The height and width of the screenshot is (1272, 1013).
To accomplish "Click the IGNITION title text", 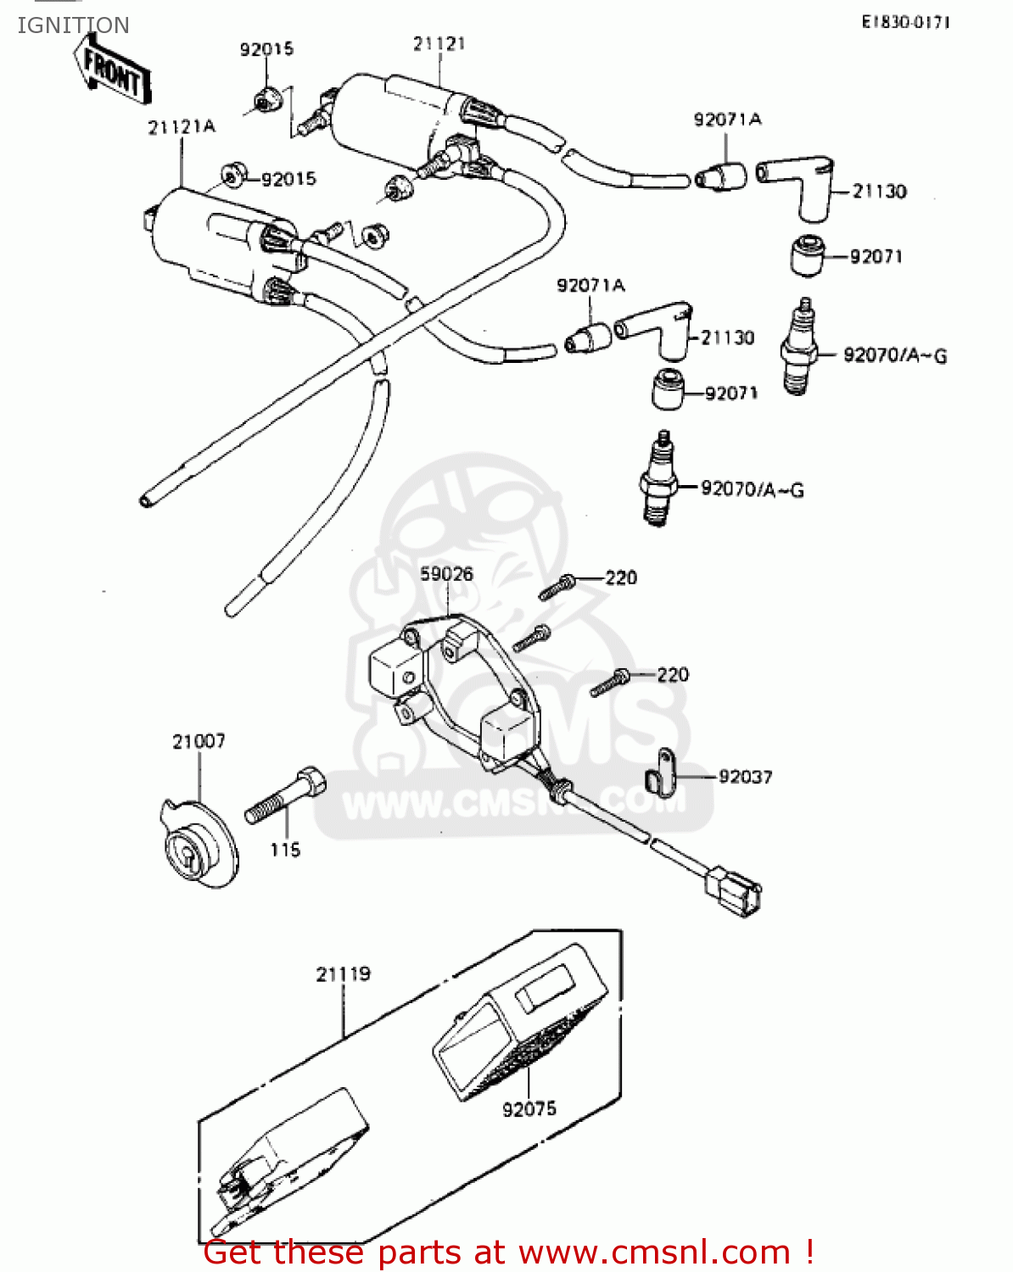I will click(x=74, y=25).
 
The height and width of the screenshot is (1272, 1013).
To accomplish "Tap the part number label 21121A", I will click(x=182, y=127).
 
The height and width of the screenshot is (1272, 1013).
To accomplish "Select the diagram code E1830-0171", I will click(x=905, y=23).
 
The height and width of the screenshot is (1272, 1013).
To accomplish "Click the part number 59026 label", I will click(x=446, y=574).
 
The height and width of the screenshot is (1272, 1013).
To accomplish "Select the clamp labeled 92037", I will click(x=659, y=771).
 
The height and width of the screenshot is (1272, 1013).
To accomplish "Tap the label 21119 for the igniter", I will click(x=344, y=974).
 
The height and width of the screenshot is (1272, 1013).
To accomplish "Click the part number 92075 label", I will click(x=529, y=1108).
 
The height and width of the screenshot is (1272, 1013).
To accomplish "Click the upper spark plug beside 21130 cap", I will click(x=800, y=347).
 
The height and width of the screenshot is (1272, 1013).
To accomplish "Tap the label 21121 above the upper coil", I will click(x=439, y=43).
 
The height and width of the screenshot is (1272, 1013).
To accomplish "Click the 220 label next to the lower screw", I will click(x=673, y=675).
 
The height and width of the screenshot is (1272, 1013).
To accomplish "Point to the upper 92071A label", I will click(x=727, y=120).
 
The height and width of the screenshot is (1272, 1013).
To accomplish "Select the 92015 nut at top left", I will click(x=264, y=101).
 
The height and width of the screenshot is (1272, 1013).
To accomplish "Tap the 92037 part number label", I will click(x=745, y=777).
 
